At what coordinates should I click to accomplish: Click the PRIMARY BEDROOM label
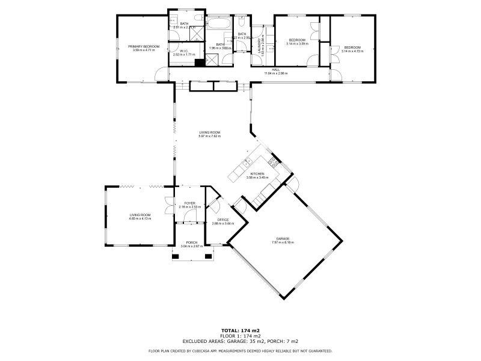(144, 46)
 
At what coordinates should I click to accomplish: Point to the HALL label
(276, 70)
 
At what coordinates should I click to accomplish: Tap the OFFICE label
(223, 220)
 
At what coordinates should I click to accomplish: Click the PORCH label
(192, 242)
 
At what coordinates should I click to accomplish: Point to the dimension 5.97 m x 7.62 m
(210, 136)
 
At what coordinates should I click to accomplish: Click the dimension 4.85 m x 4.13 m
(139, 218)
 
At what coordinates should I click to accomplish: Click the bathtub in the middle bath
(216, 25)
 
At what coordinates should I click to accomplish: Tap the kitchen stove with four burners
(273, 161)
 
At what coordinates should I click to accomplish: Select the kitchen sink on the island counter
(245, 163)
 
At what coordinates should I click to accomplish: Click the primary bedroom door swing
(161, 74)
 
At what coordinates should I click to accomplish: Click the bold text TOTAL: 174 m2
(240, 331)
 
